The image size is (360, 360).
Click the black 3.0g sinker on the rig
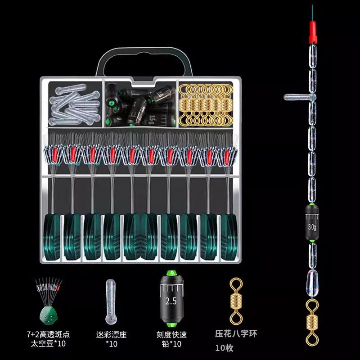coord(312,222)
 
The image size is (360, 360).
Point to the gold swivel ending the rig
coord(312,322)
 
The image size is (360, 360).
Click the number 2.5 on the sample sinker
coord(171,301)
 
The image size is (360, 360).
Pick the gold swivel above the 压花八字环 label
coord(236,301)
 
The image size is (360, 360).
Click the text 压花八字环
coord(236,333)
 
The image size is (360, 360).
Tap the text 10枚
coord(224,348)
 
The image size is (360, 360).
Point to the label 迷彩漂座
coord(111,334)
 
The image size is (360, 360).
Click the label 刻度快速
coord(171,334)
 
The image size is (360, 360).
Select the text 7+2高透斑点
coord(48,334)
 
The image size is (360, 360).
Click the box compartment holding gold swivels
coord(206,104)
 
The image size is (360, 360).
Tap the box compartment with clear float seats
coord(75,104)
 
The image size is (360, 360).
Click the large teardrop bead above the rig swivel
coord(312,283)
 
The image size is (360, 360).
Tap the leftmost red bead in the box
coord(54,154)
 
